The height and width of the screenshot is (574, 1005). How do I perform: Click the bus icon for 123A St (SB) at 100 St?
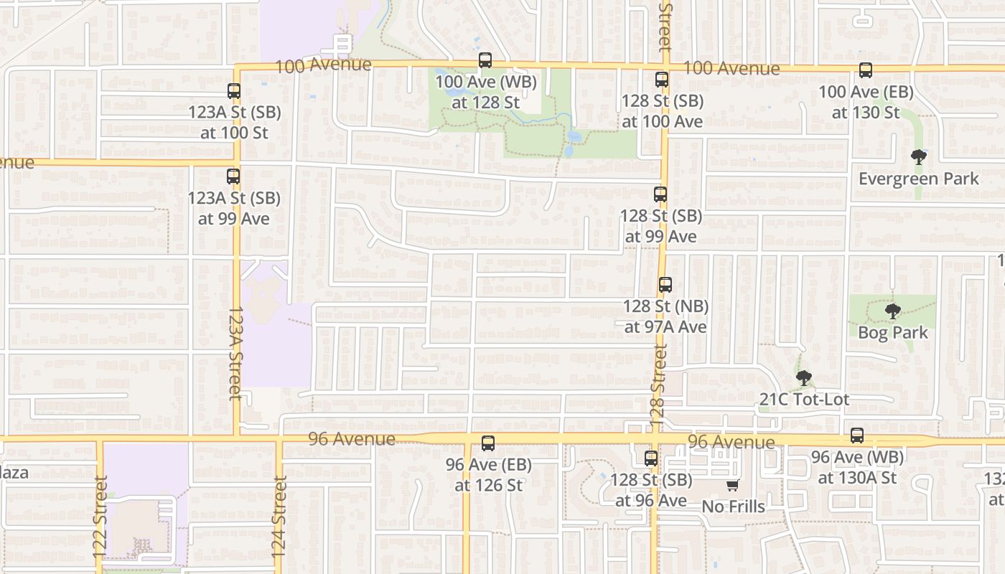pos(234,91)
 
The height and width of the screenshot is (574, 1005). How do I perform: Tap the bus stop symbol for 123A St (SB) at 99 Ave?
pos(233,177)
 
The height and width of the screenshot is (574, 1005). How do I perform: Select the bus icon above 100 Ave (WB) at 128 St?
pos(485,60)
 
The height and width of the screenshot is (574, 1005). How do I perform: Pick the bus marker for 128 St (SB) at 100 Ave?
pos(662,80)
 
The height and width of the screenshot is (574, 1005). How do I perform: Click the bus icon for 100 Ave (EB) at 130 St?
pos(866,70)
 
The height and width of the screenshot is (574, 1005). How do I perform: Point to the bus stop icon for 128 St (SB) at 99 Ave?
pos(660,194)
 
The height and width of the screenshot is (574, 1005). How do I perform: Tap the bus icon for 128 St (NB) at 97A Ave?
pos(665,285)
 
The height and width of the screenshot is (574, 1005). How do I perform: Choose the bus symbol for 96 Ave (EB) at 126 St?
pos(488,443)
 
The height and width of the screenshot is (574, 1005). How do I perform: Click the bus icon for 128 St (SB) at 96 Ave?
pos(651,458)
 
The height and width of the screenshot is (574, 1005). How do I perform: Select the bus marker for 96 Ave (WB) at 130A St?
pos(857,436)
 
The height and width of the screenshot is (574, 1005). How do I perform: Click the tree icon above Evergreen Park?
pos(918,157)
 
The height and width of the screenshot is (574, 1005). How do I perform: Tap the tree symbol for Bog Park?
pos(893,311)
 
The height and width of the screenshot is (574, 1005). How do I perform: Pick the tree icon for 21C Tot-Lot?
pos(804,378)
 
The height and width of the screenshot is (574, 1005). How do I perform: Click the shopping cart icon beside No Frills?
pos(732,486)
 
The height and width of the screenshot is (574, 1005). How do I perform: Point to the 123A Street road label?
pos(235,354)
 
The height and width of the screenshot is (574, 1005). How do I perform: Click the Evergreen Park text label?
pos(919,179)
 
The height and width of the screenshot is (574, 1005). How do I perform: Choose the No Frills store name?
pos(733,507)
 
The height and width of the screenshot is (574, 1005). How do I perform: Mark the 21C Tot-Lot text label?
pos(804,400)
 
